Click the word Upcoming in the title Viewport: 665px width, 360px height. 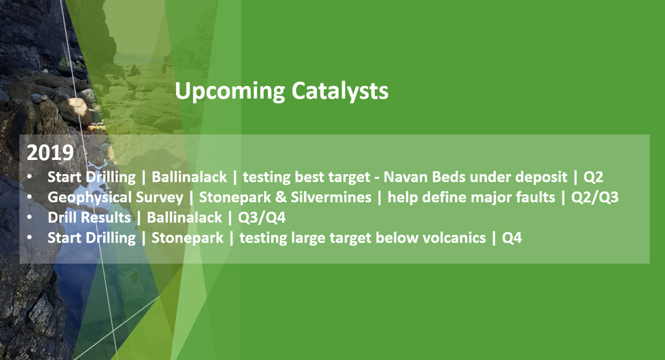[x=230, y=91]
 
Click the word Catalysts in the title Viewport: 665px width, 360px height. [x=340, y=90]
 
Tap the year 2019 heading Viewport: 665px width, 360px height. [x=50, y=153]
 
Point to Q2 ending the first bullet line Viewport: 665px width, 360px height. [x=593, y=177]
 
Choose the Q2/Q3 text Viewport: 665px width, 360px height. [x=595, y=197]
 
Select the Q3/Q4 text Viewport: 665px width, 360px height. [x=262, y=218]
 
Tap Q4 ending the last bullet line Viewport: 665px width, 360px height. [x=512, y=238]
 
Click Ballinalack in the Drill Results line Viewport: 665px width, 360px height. [x=184, y=218]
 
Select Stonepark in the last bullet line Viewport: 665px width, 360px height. [x=187, y=238]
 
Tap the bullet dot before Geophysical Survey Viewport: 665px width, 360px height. [x=29, y=197]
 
